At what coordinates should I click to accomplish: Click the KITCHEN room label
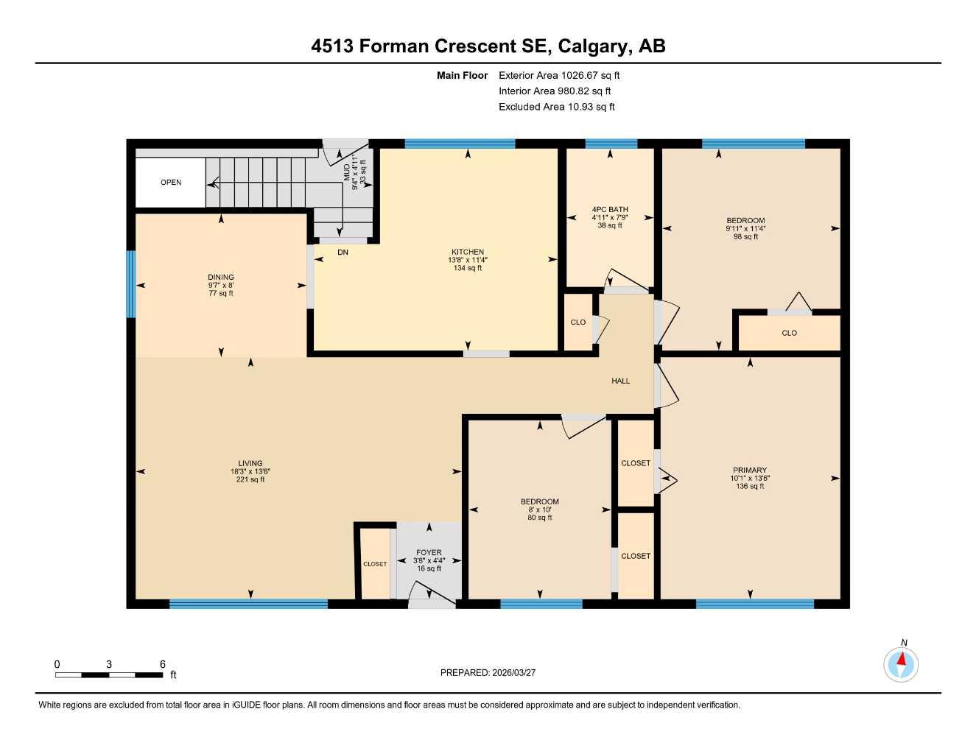tap(468, 252)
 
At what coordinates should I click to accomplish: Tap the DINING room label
tap(221, 278)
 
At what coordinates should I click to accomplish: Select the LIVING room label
tap(250, 464)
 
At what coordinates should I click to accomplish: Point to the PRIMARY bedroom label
tap(750, 470)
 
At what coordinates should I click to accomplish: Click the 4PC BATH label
tap(610, 210)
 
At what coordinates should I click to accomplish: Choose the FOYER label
tap(429, 552)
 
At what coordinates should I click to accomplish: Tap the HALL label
tap(620, 381)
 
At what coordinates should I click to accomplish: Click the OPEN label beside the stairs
tap(171, 183)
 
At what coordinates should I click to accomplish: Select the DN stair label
tap(343, 253)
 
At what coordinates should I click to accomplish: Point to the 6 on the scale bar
tap(163, 664)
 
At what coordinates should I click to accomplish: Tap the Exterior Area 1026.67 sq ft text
tap(559, 75)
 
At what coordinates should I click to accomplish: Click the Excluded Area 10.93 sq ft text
tap(556, 107)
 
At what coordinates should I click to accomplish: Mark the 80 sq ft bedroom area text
tap(540, 518)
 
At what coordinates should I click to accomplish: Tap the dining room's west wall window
tap(131, 284)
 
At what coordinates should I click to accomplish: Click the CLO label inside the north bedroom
tap(789, 333)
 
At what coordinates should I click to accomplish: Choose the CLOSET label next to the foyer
tap(375, 564)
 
